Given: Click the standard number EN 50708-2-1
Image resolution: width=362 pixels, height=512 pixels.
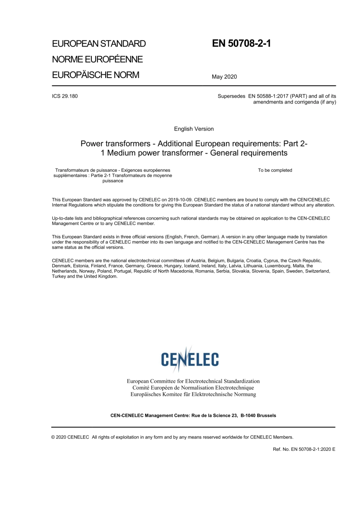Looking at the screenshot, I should click(241, 43).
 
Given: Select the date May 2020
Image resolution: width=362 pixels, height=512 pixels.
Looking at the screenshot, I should click(224, 77).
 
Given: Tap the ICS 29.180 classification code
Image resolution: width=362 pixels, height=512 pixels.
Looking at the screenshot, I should click(65, 96).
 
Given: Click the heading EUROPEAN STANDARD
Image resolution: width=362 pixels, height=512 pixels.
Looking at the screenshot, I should click(99, 44).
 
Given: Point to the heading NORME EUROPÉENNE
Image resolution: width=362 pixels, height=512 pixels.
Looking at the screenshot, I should click(97, 59).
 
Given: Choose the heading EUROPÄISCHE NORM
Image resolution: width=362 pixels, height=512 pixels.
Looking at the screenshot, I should click(96, 75).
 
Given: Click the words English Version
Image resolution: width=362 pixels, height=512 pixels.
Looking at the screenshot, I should click(194, 129).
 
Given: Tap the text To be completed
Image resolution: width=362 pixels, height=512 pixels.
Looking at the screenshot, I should click(275, 170).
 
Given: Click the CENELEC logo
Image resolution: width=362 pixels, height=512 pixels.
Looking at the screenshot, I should click(190, 359).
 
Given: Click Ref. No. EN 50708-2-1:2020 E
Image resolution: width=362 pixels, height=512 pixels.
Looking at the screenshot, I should click(304, 449).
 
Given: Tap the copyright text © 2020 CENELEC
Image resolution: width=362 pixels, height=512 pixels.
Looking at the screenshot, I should click(70, 437).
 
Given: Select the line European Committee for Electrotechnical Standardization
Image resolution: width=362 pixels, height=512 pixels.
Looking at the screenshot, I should click(193, 381).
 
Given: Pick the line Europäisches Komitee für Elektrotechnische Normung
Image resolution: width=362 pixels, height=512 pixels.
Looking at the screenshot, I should click(193, 394).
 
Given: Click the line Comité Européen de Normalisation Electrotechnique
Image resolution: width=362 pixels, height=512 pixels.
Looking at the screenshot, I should click(193, 388).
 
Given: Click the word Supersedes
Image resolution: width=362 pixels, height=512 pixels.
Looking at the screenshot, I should click(231, 96).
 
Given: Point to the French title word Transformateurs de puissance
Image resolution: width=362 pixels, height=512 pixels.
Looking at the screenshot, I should click(86, 170).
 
